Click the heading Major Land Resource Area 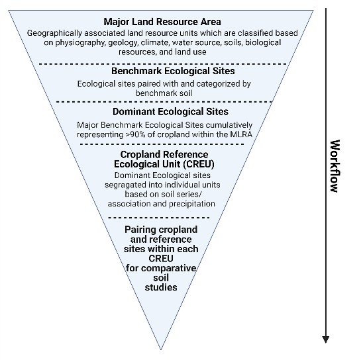tap(162, 22)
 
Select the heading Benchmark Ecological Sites tap(173, 71)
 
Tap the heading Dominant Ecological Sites tap(170, 112)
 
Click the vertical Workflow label tap(335, 166)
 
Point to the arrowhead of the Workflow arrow tap(326, 339)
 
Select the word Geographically tap(54, 33)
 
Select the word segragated tap(125, 185)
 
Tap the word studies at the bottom tap(161, 287)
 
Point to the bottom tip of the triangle tap(161, 349)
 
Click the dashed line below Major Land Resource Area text tap(163, 64)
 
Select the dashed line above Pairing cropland tap(158, 218)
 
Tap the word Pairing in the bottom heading tap(139, 230)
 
